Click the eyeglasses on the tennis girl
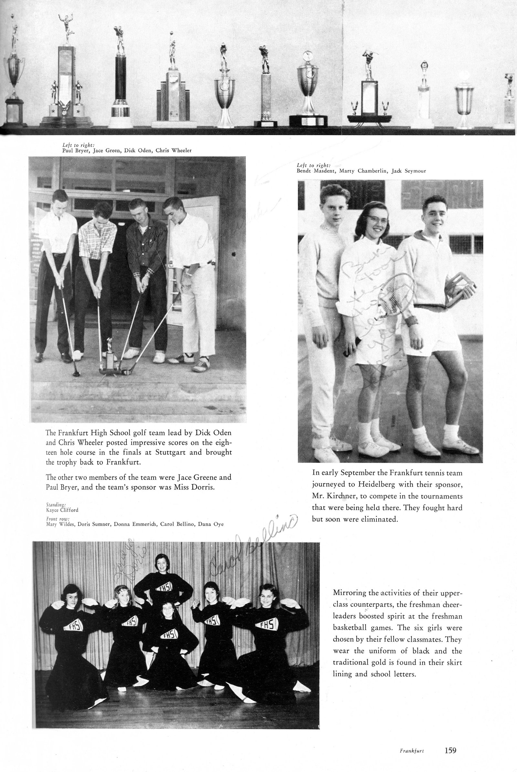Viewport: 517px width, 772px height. click(x=378, y=220)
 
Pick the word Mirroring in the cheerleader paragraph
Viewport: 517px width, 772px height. click(x=350, y=593)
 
